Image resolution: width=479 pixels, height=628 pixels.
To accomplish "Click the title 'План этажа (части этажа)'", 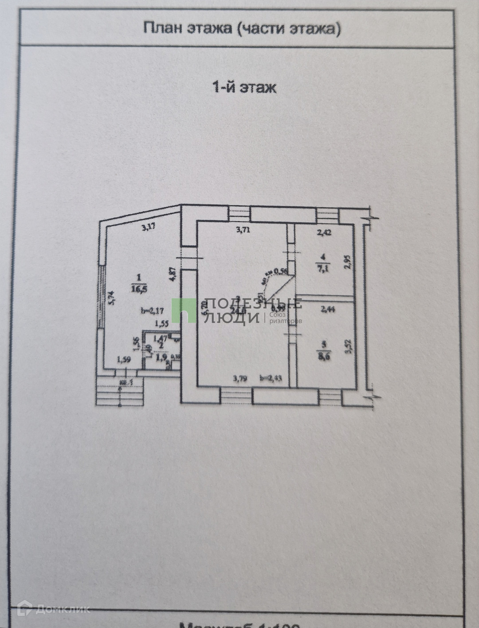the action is [x=242, y=28].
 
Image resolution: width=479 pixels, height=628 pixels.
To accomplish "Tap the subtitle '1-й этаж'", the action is [x=244, y=87].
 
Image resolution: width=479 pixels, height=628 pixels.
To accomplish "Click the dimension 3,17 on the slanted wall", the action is [x=149, y=228].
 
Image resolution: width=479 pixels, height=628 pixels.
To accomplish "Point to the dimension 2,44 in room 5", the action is [x=327, y=310].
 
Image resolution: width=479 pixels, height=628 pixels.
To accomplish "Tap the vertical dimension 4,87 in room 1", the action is [x=173, y=274].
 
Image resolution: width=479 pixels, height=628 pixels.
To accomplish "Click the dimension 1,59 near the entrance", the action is [x=124, y=360].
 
